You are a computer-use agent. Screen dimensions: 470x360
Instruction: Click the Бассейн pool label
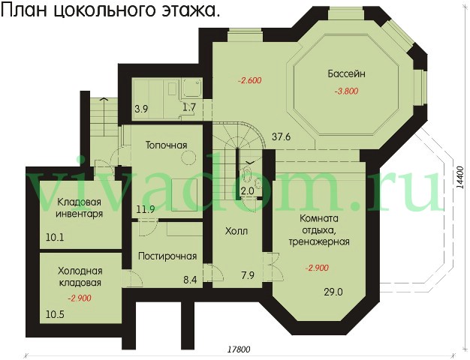347,73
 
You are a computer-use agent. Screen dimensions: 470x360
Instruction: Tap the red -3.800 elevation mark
346,91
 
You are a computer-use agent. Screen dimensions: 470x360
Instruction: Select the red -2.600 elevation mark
250,80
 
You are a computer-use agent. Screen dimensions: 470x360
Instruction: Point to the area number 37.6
281,136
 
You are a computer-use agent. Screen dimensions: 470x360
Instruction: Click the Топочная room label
166,145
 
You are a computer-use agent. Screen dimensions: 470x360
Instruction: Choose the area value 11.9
146,209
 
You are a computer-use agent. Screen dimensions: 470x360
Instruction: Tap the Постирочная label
167,256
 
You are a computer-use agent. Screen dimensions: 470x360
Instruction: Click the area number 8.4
191,280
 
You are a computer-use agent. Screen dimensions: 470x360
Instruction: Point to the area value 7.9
248,275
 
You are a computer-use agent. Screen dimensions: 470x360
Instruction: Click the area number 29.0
333,292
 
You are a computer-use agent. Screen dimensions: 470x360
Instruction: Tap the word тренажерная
319,241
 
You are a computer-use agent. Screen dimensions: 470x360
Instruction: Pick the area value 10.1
55,238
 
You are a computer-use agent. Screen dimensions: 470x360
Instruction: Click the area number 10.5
55,314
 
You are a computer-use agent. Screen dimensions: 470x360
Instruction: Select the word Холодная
80,271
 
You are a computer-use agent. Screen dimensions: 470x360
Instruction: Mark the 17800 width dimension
239,349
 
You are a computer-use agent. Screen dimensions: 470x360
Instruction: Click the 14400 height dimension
460,177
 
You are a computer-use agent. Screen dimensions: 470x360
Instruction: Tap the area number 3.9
141,109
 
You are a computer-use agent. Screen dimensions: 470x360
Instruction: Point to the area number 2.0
248,190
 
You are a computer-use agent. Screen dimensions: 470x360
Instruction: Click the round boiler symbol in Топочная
188,157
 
